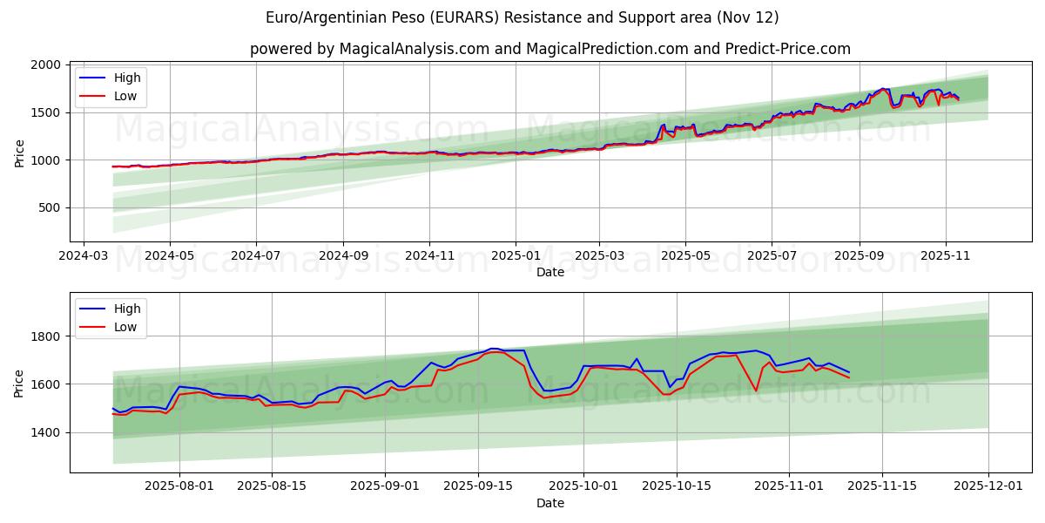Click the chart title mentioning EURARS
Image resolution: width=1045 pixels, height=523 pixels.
pyautogui.click(x=522, y=17)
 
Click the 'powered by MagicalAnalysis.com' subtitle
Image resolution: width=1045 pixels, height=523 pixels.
pyautogui.click(x=549, y=49)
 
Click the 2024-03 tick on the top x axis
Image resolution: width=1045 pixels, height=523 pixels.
pyautogui.click(x=84, y=257)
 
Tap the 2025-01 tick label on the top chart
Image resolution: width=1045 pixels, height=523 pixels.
pyautogui.click(x=516, y=257)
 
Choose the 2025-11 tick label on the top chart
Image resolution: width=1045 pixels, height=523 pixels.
pyautogui.click(x=945, y=257)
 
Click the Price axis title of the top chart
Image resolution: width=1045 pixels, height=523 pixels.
pyautogui.click(x=19, y=153)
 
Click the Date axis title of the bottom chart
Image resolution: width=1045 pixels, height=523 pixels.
pyautogui.click(x=549, y=503)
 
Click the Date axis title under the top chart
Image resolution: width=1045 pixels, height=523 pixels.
pyautogui.click(x=549, y=272)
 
